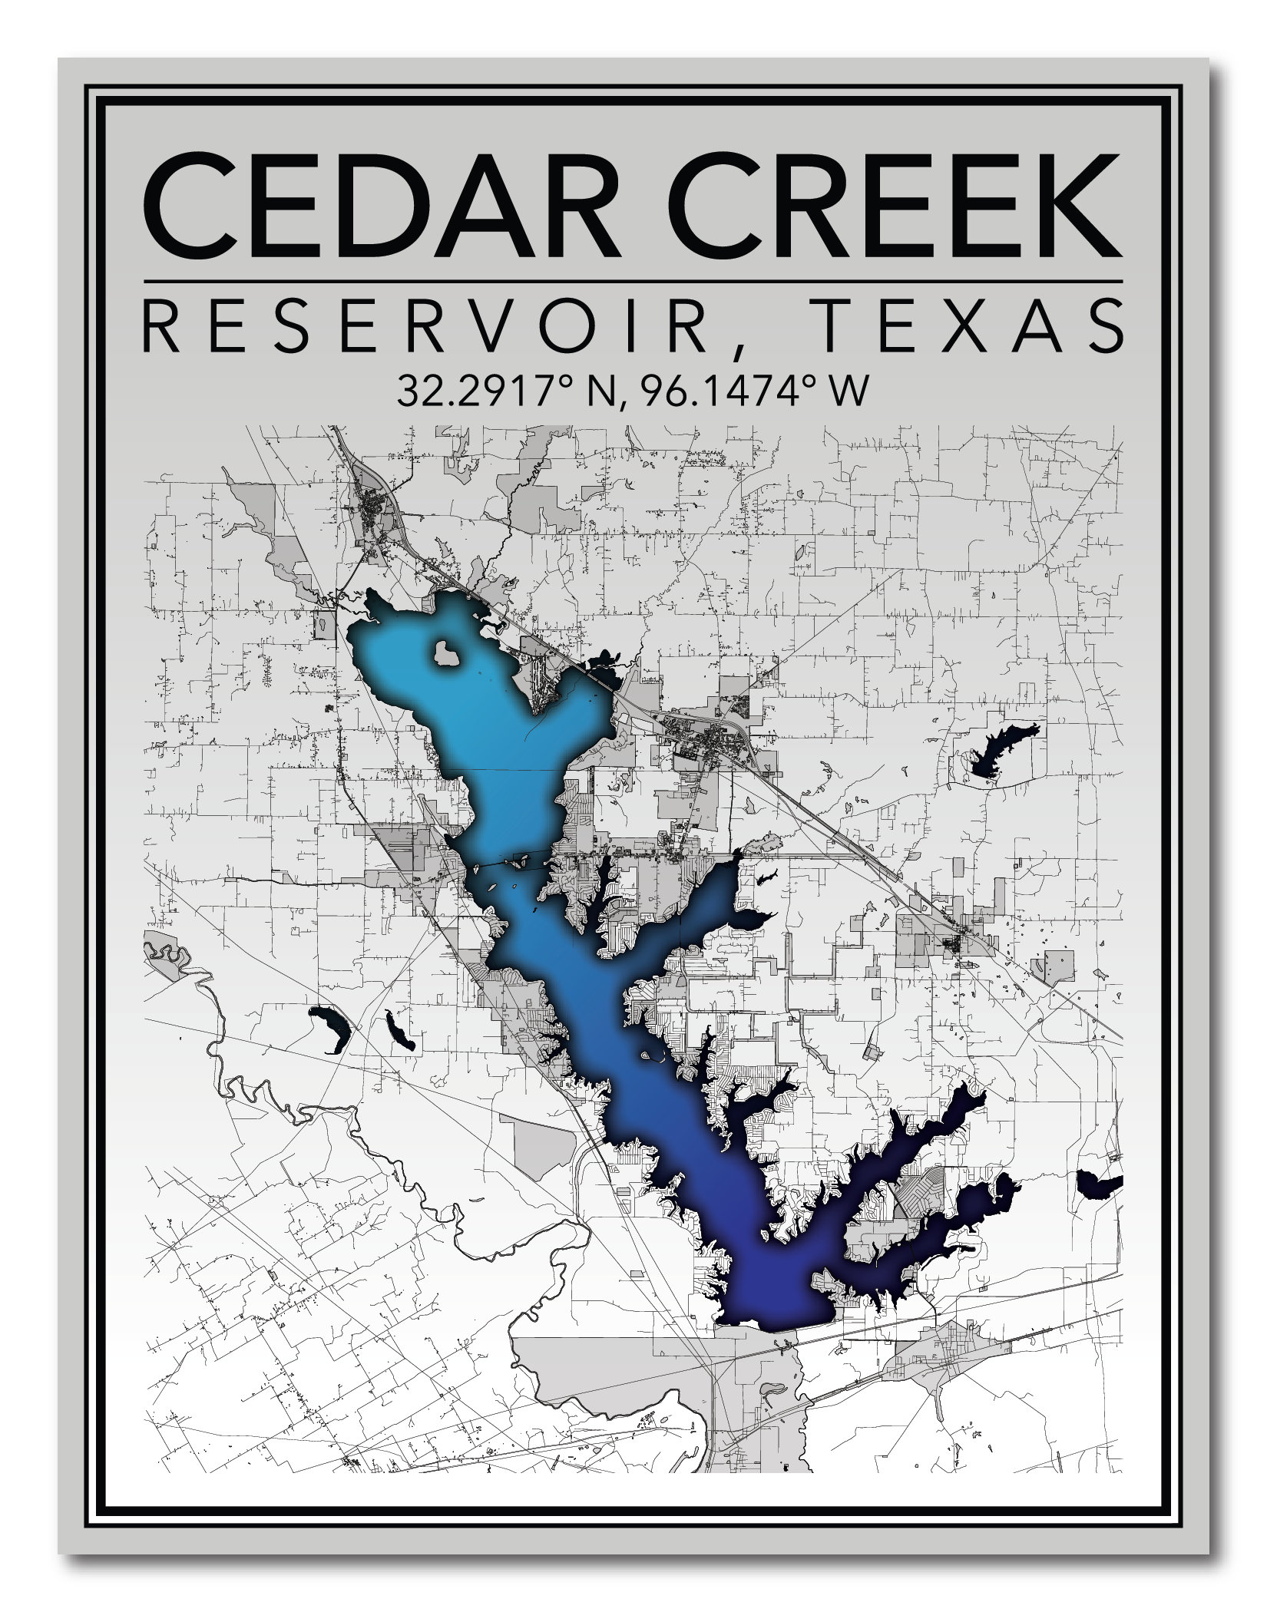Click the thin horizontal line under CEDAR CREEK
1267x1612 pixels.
coord(633,281)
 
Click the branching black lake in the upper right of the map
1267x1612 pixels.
coord(998,752)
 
